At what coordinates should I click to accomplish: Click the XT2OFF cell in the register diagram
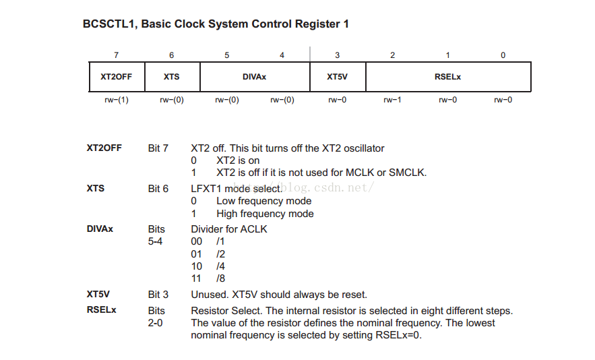tap(117, 77)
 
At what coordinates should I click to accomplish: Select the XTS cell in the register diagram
tap(172, 77)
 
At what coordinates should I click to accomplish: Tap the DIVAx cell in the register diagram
tap(254, 77)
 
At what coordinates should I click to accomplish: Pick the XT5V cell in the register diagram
tap(337, 77)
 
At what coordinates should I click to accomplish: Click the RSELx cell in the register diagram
tap(448, 77)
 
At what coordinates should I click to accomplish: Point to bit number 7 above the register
tap(117, 55)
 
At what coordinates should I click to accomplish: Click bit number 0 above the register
tap(503, 55)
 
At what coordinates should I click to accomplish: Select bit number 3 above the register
tap(337, 55)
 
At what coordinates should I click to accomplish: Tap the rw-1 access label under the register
tap(392, 100)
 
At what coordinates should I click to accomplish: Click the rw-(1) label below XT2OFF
tap(117, 100)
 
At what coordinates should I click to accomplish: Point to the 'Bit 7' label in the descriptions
tap(158, 148)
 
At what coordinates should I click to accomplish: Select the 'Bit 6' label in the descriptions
tap(158, 189)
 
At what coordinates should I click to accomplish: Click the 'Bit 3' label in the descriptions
tap(158, 295)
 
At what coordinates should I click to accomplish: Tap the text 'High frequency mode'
tap(265, 214)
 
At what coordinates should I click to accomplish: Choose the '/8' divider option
tap(220, 278)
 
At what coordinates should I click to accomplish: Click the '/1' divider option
tap(220, 241)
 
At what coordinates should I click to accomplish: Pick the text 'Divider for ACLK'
tap(229, 229)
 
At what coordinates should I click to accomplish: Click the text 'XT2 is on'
tap(238, 160)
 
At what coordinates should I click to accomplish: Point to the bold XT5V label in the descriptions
tap(98, 295)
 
